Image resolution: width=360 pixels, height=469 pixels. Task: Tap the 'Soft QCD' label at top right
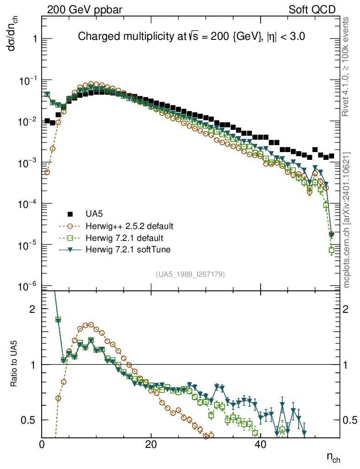tap(312, 9)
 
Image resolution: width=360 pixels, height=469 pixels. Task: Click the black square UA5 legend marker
tap(70, 214)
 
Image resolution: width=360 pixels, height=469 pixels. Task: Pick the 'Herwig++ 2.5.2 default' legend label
tap(129, 226)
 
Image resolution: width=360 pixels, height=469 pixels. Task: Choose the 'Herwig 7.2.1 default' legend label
tap(125, 238)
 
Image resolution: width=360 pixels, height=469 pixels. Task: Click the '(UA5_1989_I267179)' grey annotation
tap(190, 274)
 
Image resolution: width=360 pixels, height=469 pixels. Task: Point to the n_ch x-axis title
tap(333, 457)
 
